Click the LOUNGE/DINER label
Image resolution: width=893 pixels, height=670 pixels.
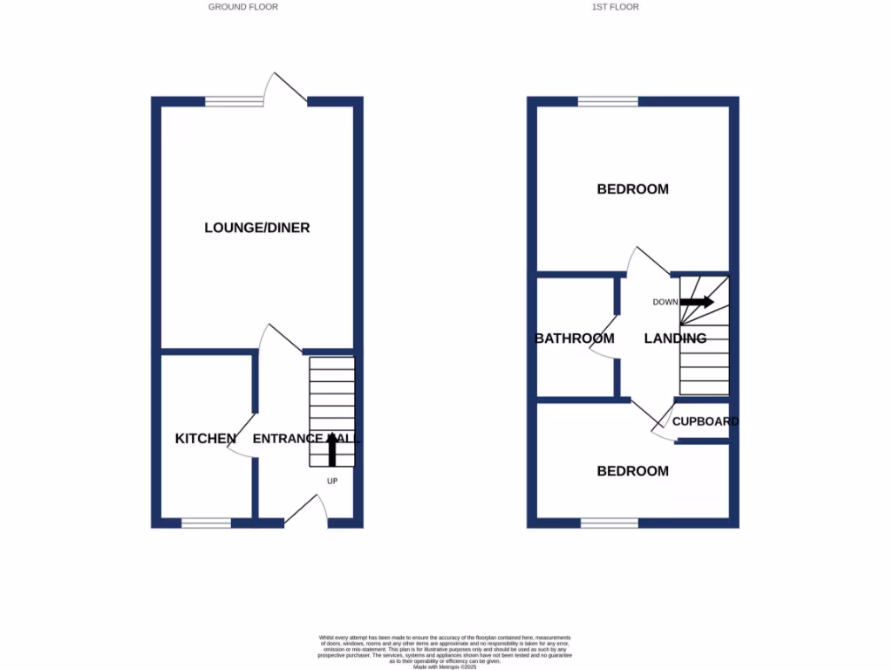257,228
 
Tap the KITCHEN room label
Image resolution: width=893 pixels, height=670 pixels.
205,439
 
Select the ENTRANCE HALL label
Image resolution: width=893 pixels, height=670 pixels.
306,439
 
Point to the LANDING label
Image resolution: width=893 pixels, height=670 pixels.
675,338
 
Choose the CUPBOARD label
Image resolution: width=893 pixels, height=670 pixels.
705,421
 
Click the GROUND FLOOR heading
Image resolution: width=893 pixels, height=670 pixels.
242,7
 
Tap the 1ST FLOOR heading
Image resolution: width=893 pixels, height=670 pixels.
615,7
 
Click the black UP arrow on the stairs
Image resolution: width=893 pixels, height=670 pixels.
332,449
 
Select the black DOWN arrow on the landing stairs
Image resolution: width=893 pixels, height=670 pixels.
697,302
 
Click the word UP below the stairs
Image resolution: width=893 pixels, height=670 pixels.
332,481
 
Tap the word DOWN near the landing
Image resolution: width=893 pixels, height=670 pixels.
665,303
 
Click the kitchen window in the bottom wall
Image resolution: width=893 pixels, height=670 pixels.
207,523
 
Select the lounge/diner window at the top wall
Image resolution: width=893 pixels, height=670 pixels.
234,102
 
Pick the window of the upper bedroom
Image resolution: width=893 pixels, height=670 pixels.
608,102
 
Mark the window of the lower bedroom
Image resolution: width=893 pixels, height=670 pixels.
609,523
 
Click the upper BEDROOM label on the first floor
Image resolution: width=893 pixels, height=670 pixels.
632,189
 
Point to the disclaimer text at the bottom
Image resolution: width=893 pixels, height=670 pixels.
445,651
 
